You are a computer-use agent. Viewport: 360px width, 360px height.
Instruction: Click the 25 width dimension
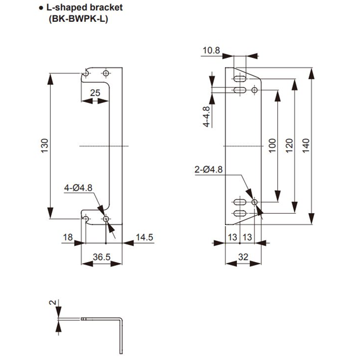point(94,92)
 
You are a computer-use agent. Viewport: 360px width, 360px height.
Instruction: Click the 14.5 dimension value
point(144,238)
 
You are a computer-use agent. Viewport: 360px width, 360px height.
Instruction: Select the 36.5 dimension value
point(101,257)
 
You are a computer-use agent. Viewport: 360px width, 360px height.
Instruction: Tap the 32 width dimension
point(243,257)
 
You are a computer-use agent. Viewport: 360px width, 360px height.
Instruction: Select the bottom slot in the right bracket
point(239,213)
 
